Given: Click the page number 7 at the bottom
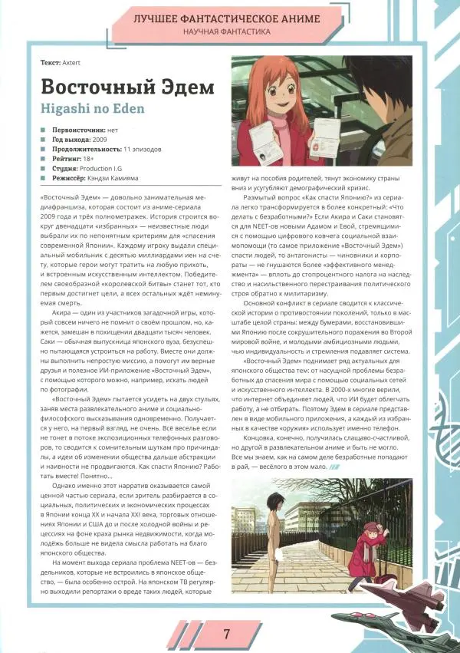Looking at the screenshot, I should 227,634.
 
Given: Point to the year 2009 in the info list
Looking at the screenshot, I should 101,140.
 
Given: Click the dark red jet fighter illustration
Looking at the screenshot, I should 412,589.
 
